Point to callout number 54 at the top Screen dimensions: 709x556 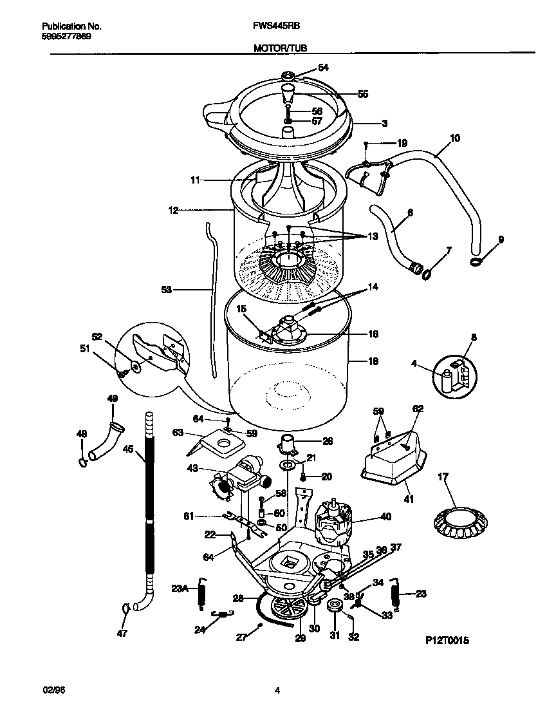click(x=323, y=68)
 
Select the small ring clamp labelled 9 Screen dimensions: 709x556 click(x=476, y=261)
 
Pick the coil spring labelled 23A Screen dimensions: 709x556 click(x=201, y=591)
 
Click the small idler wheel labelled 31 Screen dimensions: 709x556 click(x=335, y=607)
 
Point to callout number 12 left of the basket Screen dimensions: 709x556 click(x=174, y=210)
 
